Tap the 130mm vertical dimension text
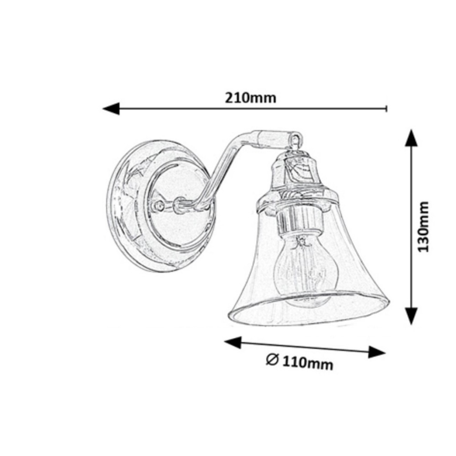423,226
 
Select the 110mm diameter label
307,362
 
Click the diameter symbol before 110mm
272,360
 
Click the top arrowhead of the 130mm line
411,138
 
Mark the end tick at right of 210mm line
387,109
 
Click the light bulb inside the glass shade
304,271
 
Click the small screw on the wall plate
157,206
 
